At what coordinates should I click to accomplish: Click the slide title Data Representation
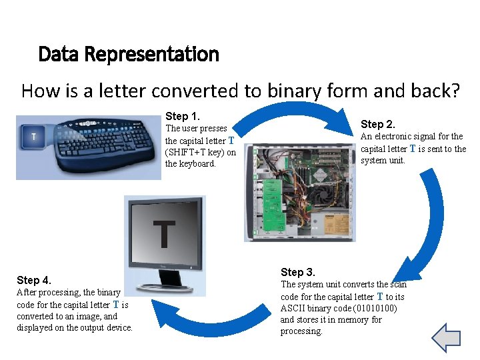pos(129,54)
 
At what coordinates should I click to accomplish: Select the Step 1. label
pos(183,116)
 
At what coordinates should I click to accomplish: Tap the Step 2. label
pos(378,124)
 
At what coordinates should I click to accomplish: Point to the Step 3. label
pos(298,272)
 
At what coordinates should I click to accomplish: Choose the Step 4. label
pos(34,280)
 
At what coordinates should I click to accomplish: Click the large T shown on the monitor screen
pos(164,233)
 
